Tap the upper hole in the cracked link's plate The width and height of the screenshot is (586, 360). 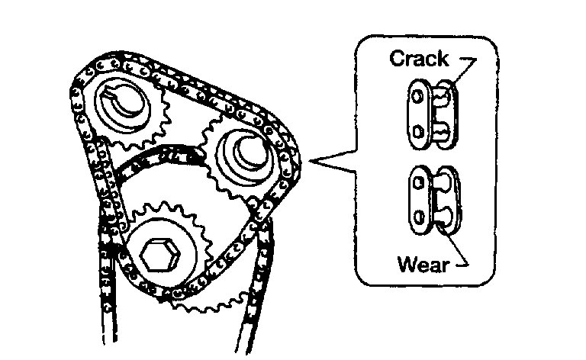coord(417,98)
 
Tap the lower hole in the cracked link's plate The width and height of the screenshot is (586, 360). coord(417,133)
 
